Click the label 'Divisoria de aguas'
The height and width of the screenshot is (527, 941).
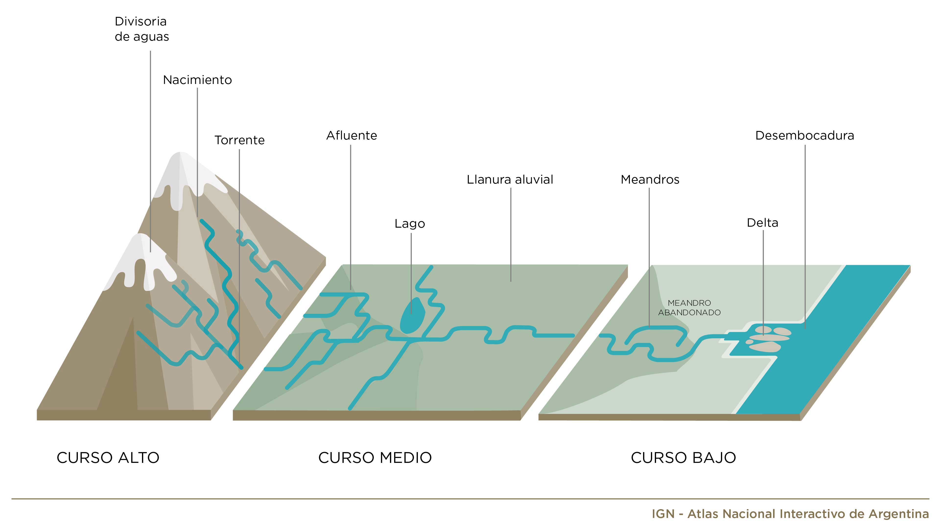click(x=142, y=29)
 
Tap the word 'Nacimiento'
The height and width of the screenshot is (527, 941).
click(x=197, y=80)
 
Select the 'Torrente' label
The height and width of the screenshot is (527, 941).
click(x=239, y=140)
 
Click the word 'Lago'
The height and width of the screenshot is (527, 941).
click(x=410, y=223)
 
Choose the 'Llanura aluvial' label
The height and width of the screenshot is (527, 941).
click(x=510, y=179)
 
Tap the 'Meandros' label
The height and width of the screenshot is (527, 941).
click(x=650, y=179)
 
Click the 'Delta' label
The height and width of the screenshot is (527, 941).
click(x=762, y=223)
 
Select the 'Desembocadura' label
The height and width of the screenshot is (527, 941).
click(x=804, y=136)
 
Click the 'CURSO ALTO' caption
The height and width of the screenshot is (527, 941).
click(x=108, y=458)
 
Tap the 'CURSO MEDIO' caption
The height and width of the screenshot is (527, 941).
click(x=375, y=458)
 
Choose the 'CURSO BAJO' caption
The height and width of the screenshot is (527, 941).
click(x=683, y=458)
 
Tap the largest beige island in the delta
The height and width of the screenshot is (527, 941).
click(x=765, y=346)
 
